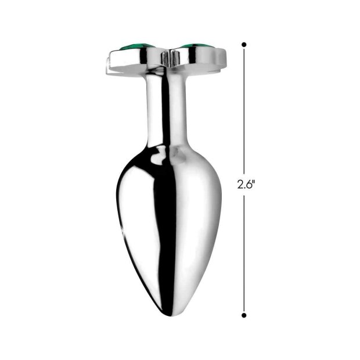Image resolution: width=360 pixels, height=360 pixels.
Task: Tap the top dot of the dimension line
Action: [244, 44]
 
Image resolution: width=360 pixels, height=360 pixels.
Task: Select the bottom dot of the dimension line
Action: [244, 315]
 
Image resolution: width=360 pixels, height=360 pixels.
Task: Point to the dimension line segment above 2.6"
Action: [244, 110]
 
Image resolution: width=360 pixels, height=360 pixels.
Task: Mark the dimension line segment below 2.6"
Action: [244, 255]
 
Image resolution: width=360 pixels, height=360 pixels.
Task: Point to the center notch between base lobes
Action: [167, 57]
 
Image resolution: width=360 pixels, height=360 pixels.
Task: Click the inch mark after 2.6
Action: [254, 182]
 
